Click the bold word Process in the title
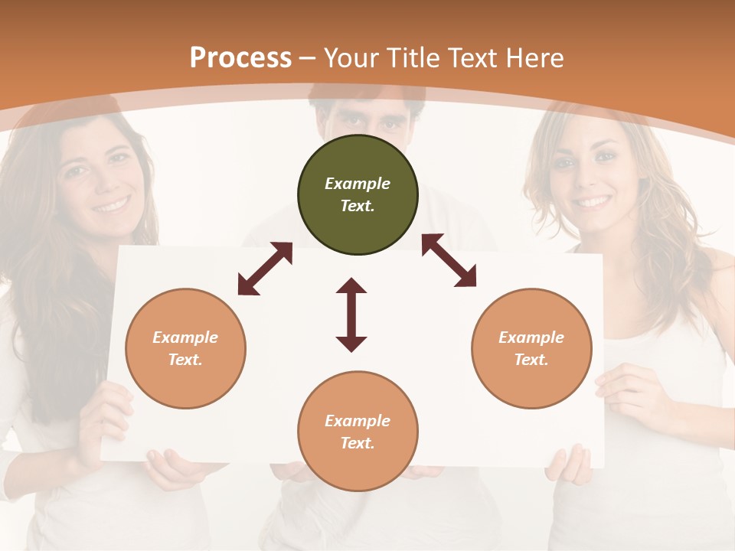(x=240, y=58)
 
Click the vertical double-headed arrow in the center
(x=351, y=315)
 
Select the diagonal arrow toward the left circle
(x=265, y=269)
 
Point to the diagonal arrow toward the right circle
(x=449, y=260)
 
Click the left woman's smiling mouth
(x=112, y=205)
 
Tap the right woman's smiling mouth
(x=593, y=202)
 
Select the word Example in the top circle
(x=358, y=184)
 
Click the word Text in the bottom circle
(x=358, y=443)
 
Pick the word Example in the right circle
(x=531, y=337)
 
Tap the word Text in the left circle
(x=185, y=360)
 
